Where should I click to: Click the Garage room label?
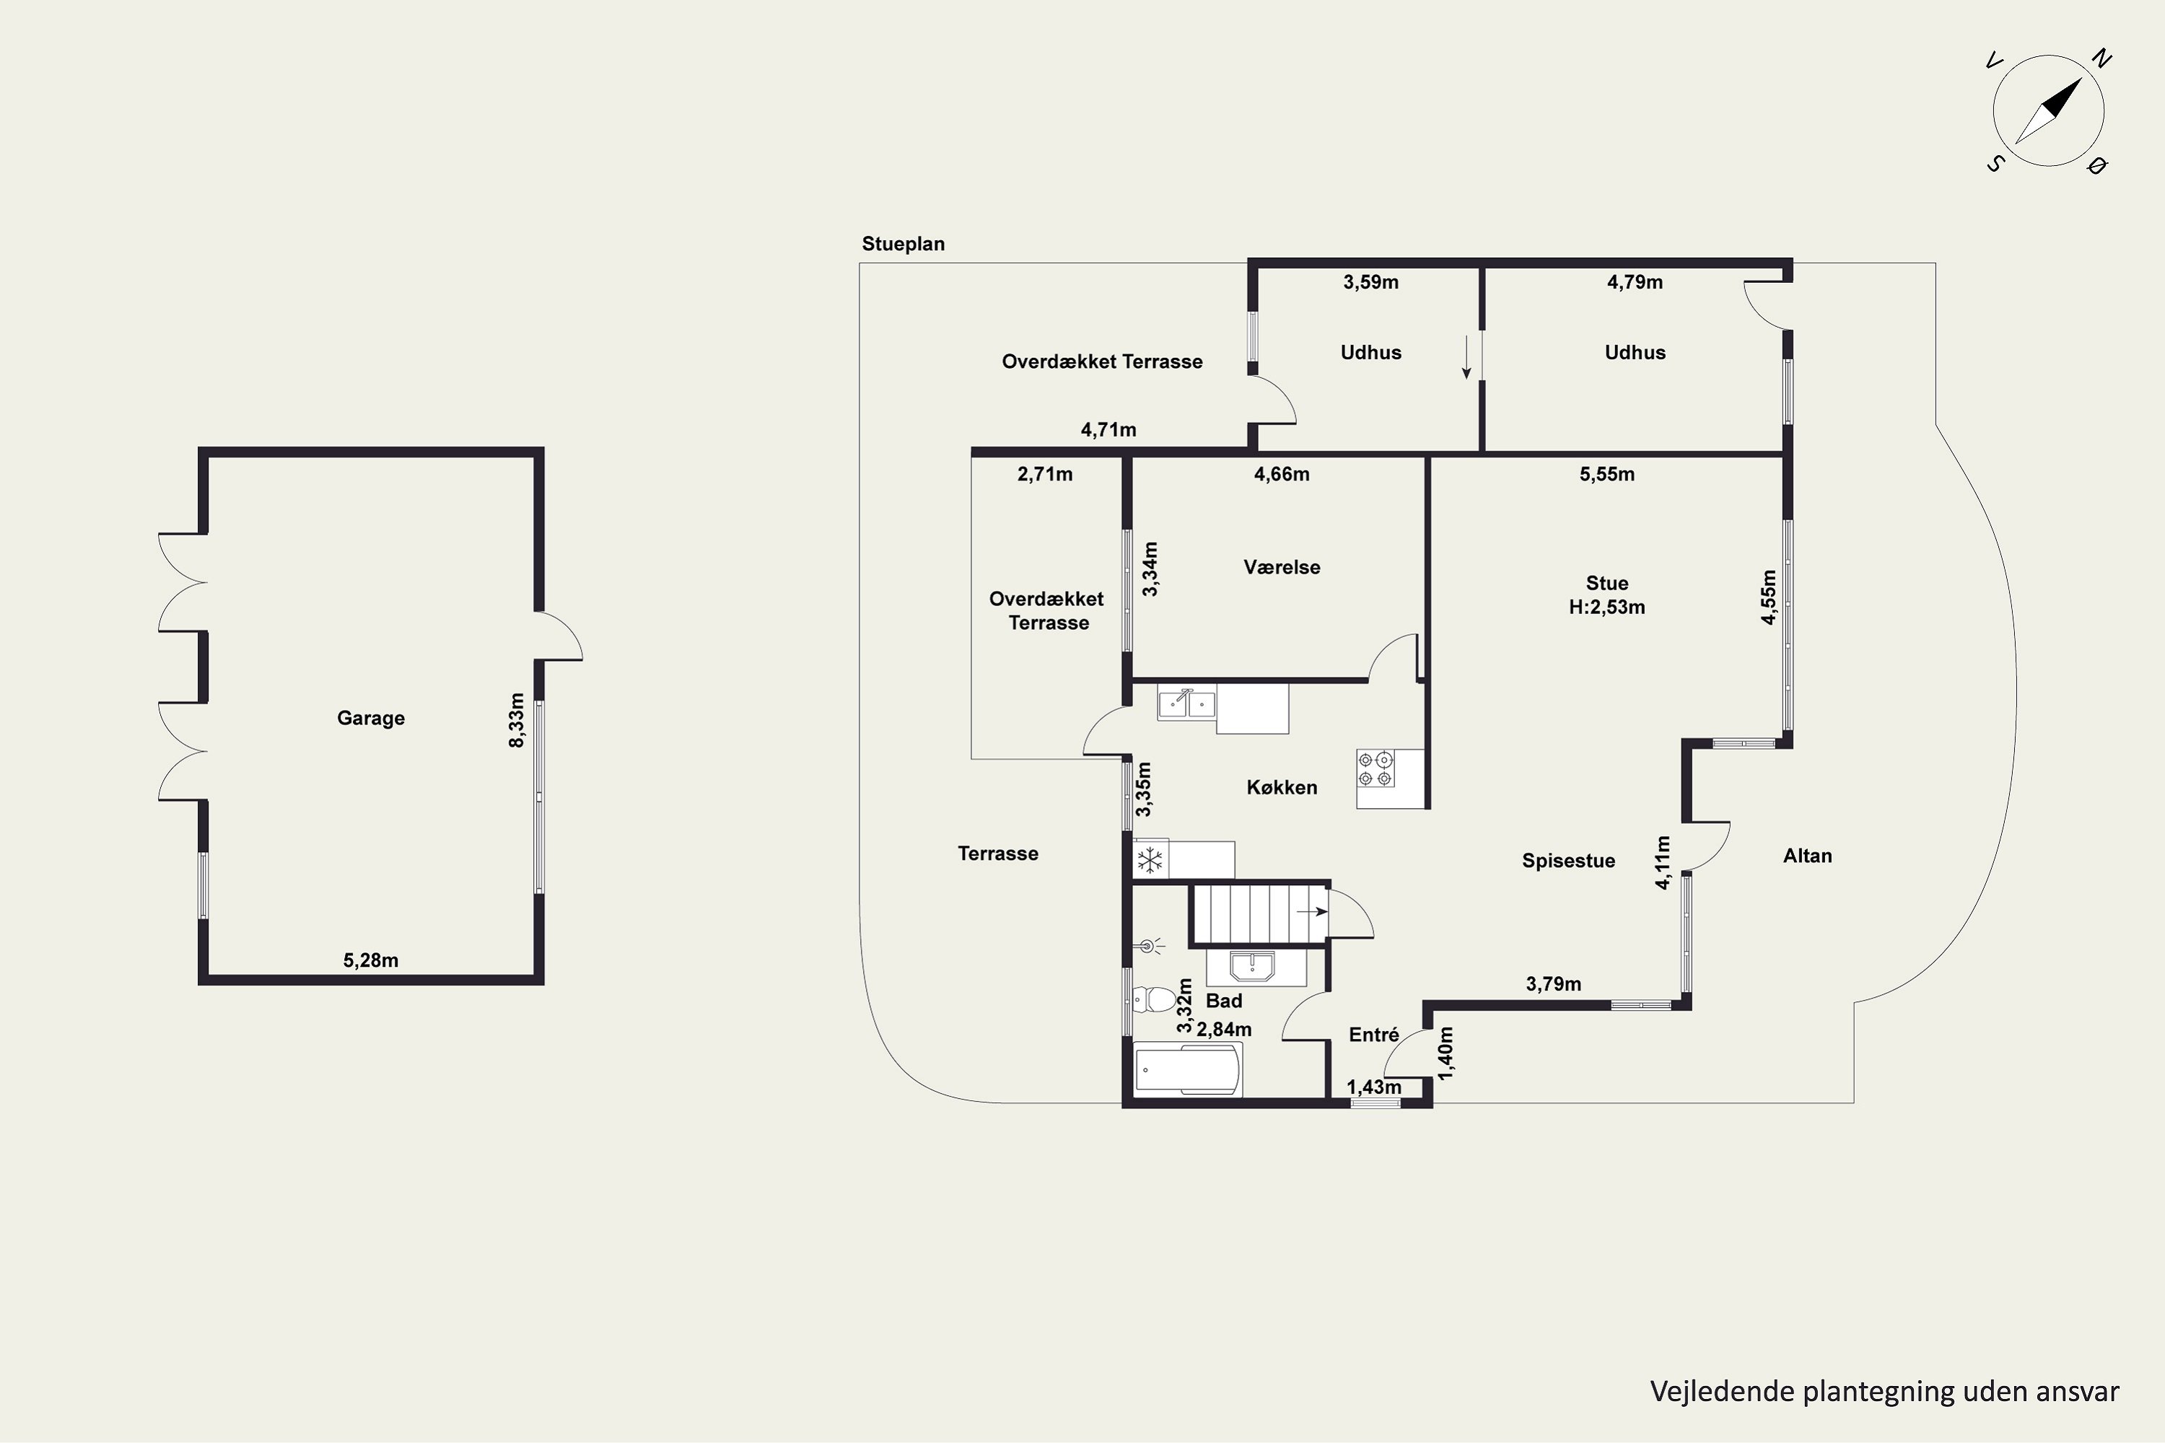tap(370, 718)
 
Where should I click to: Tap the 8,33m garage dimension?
tap(517, 719)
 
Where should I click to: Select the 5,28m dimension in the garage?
tap(370, 960)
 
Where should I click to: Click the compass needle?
tap(2048, 110)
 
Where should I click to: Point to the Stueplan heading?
tap(903, 244)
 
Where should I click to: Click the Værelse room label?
tap(1282, 567)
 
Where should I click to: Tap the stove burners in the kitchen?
tap(1375, 768)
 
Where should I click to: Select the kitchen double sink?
tap(1186, 704)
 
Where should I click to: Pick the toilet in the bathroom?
tap(1154, 999)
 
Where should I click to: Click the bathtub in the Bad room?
tap(1187, 1069)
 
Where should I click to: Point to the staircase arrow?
tap(1312, 911)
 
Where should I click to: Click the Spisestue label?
tap(1568, 861)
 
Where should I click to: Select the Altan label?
tap(1807, 856)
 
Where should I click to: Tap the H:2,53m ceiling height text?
tap(1606, 608)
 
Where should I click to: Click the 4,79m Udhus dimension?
tap(1635, 281)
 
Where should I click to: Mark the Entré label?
tap(1373, 1035)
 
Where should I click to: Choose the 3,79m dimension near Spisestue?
tap(1554, 984)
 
